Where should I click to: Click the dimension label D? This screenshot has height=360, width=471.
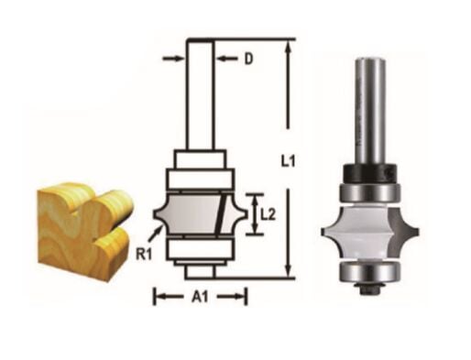click(x=248, y=60)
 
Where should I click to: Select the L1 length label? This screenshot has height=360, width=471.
click(x=288, y=161)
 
